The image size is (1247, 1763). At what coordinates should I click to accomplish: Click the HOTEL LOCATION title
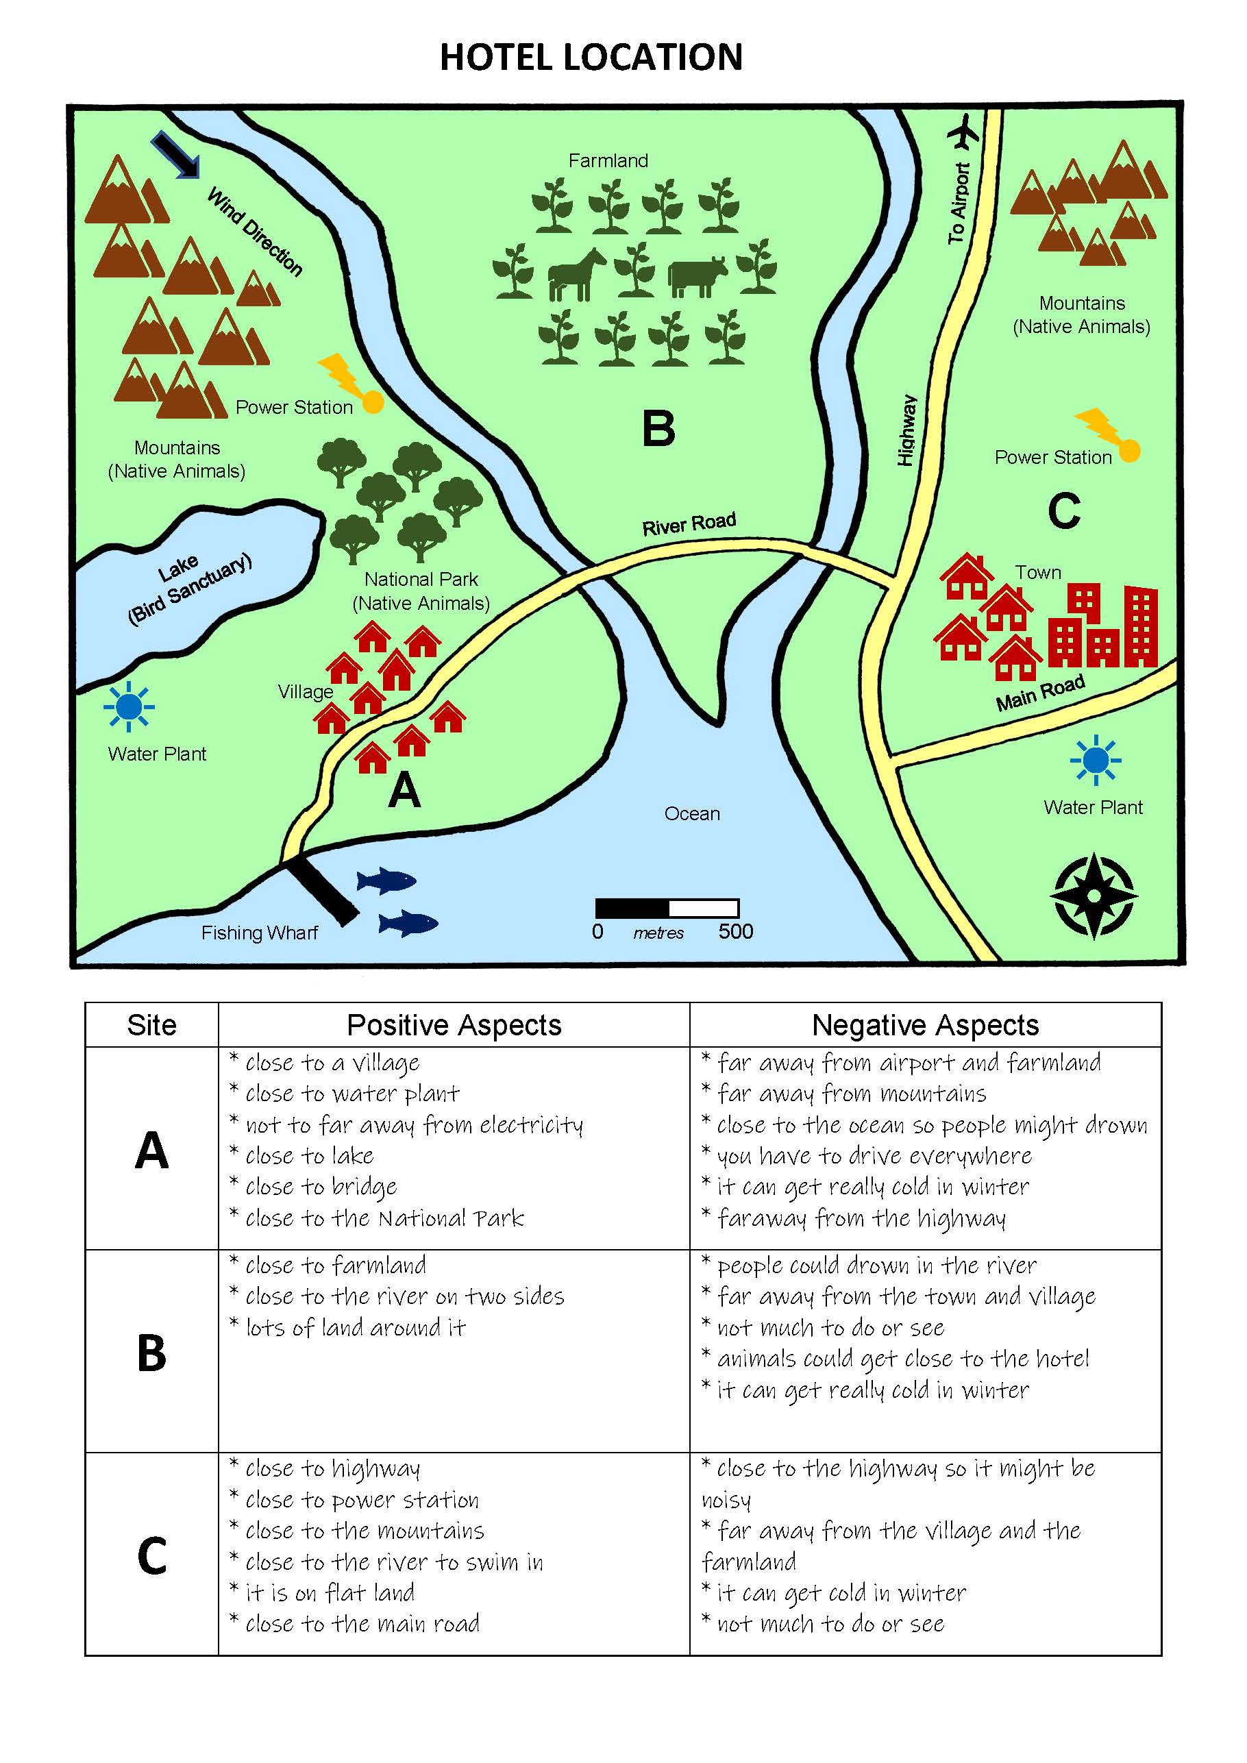click(591, 58)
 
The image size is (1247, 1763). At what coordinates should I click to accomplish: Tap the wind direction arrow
click(176, 154)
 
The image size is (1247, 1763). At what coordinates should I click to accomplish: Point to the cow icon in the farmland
click(696, 276)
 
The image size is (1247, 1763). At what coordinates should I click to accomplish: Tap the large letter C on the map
click(1064, 510)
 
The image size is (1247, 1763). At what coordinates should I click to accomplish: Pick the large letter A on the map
click(405, 790)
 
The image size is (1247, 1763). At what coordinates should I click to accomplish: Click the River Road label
click(689, 523)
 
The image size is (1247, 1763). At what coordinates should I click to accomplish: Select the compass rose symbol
click(1094, 896)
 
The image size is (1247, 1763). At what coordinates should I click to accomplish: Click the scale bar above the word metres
click(667, 909)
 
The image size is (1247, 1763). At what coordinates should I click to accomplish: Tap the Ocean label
click(692, 814)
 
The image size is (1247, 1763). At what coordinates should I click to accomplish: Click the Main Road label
click(1041, 693)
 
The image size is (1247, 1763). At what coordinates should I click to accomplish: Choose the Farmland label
click(608, 160)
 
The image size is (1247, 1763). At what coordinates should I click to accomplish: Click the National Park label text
click(421, 591)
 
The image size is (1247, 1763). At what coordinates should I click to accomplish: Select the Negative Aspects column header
click(925, 1025)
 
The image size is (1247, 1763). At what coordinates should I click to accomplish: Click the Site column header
click(151, 1025)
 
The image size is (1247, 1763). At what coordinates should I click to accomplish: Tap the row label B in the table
click(151, 1354)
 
